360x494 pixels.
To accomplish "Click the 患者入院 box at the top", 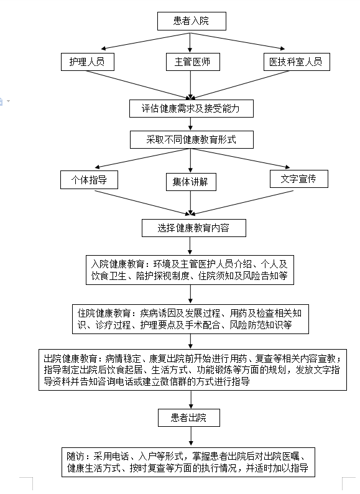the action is pos(192,21).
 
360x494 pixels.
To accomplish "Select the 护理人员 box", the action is pos(87,62).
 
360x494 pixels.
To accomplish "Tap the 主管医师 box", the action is pos(193,62).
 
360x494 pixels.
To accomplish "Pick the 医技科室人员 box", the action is pos(297,62).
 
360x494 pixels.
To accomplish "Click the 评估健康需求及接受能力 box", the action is pos(191,109).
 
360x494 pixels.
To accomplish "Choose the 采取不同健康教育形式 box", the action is pos(192,139).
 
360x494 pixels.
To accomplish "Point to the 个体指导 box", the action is pos(89,180).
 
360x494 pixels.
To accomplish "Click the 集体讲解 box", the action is pos(191,182).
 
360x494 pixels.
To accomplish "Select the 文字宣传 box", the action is pos(298,179).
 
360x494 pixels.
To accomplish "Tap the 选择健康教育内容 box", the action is pos(194,228).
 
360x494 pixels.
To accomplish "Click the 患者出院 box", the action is pos(188,417).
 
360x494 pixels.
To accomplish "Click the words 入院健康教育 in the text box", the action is pos(118,264).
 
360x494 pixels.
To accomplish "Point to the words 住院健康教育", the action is pos(104,313).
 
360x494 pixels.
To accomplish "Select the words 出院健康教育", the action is pos(70,358).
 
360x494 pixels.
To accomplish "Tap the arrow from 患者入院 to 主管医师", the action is pos(190,42).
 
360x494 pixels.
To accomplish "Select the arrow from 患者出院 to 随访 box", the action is pos(191,437).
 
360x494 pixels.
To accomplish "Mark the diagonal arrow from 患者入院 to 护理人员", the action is pos(145,41).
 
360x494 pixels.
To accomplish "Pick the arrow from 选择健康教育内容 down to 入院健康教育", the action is pos(190,246).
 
